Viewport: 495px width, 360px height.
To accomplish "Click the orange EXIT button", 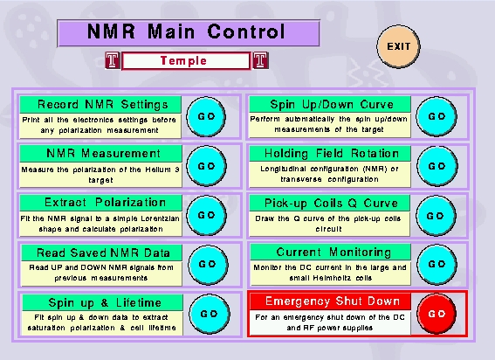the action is point(398,46).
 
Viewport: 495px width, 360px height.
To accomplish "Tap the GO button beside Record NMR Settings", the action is point(206,116).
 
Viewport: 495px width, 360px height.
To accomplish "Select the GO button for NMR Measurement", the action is point(206,166).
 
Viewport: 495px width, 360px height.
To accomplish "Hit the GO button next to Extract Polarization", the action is point(206,215).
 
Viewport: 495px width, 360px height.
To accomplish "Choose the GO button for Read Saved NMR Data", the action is point(208,264).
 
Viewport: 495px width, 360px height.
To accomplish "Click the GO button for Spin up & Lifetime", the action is point(209,314).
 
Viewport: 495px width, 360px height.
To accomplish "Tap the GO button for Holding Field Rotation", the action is point(437,166).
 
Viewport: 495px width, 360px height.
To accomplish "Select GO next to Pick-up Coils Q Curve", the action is point(436,216).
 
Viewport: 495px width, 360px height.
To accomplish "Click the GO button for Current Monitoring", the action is point(437,264).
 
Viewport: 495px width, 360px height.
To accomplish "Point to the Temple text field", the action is point(186,60).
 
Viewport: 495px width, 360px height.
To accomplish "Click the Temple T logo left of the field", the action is point(113,60).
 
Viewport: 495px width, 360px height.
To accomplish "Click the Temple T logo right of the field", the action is point(260,60).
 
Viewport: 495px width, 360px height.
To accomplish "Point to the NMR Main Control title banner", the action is point(189,33).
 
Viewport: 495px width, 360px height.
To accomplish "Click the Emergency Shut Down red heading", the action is point(330,301).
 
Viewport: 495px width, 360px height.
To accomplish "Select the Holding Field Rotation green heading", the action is point(330,153).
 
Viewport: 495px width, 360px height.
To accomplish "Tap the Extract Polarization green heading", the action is point(100,203).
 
